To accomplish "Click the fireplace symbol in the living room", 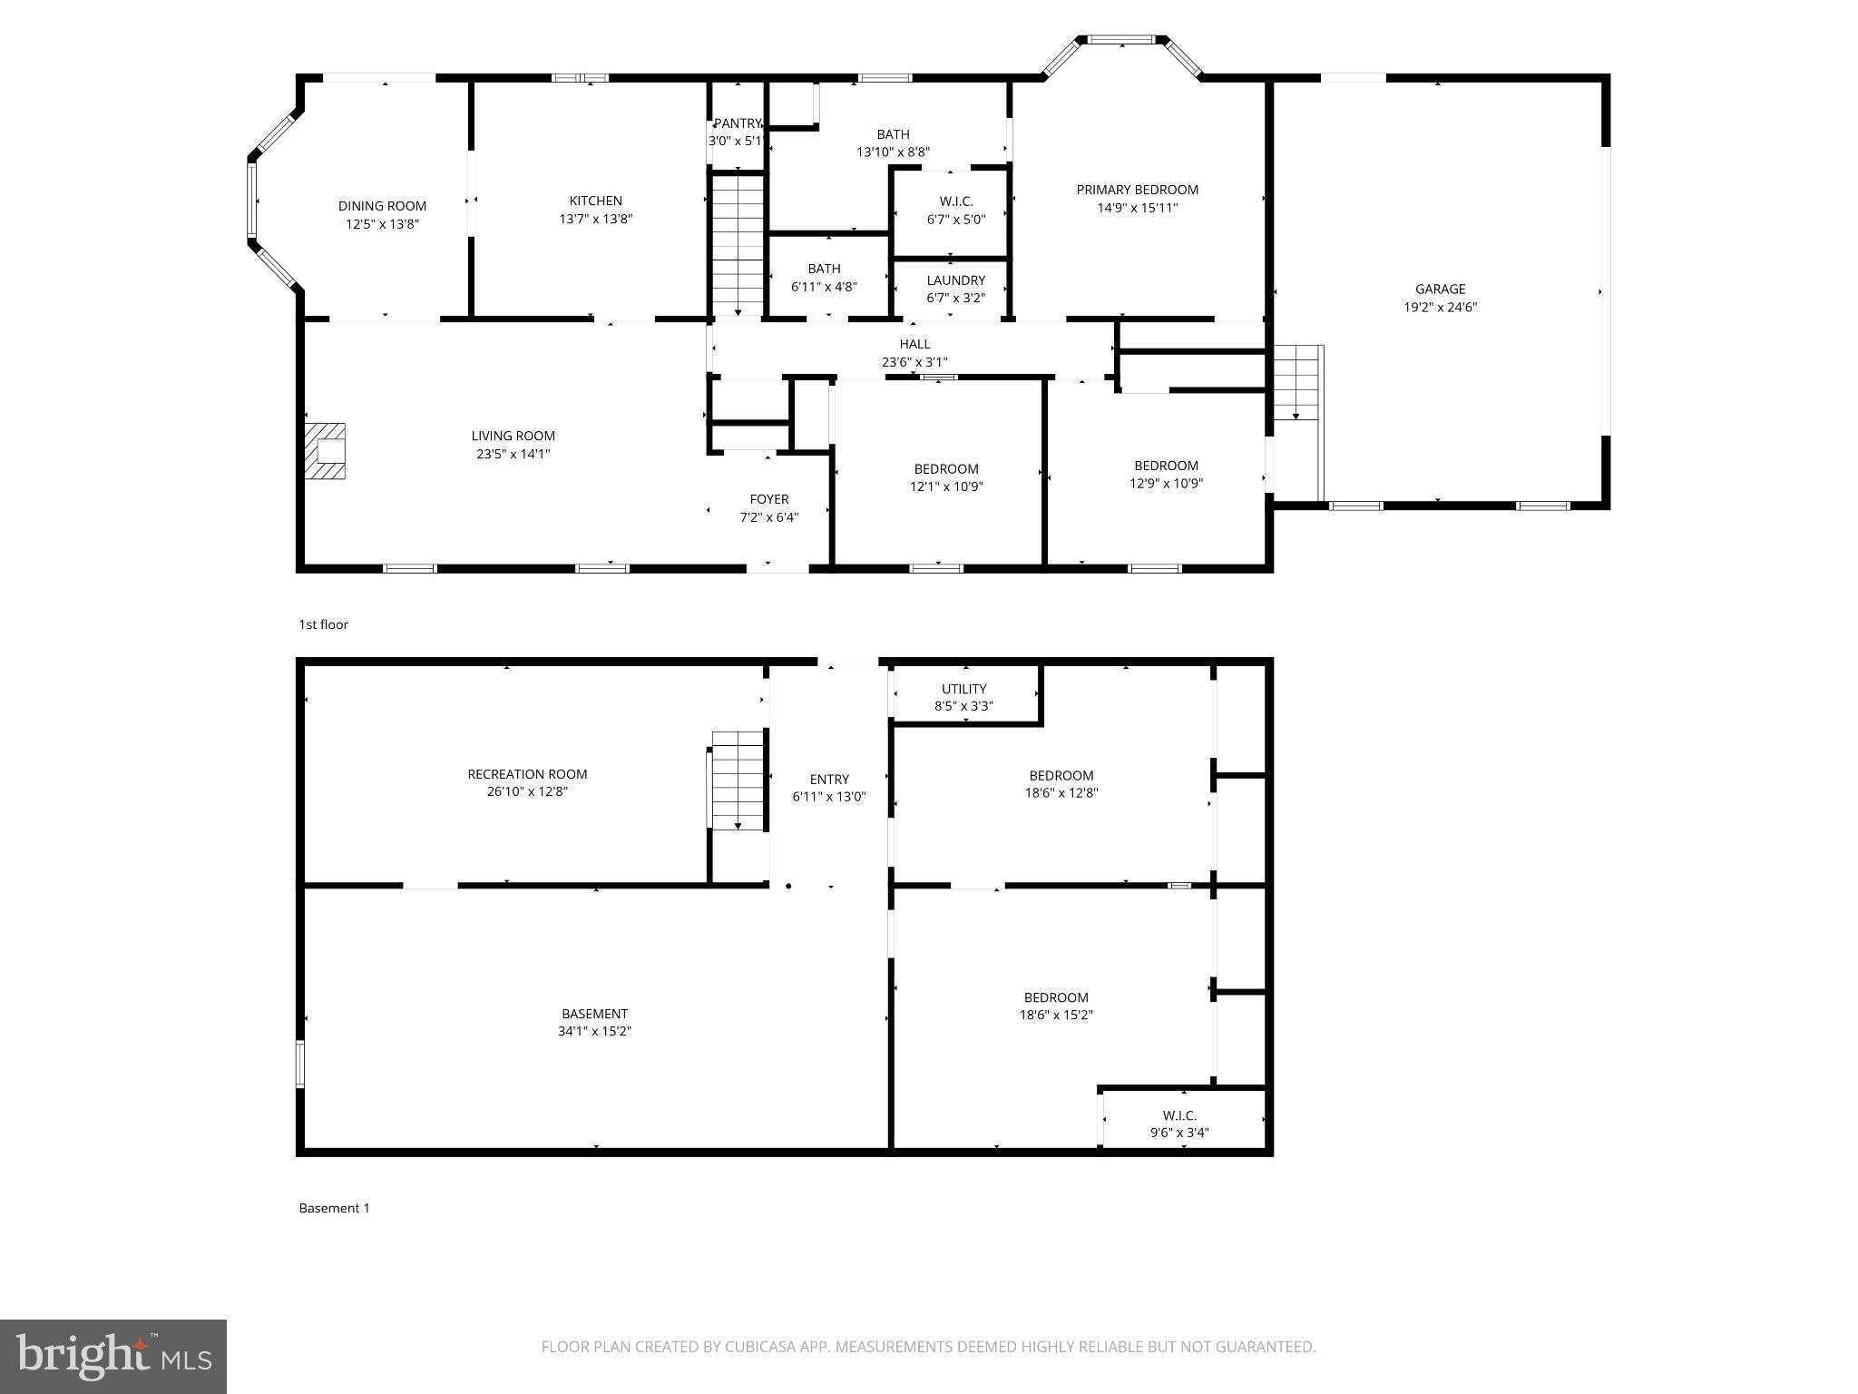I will coord(326,451).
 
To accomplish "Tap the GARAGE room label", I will coord(1440,290).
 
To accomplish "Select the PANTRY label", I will coord(737,123).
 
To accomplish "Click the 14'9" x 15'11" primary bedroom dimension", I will coord(1137,208).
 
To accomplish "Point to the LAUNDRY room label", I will coord(955,280).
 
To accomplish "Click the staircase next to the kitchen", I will coord(738,244).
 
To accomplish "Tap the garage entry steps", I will coord(1297,382).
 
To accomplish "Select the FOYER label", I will coord(768,499).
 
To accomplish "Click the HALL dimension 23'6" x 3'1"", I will coord(914,362).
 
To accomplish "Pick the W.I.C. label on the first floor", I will coord(955,201).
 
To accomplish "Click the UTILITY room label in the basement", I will coord(963,689).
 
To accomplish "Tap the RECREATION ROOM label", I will coord(527,774).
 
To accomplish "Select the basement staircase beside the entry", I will coord(738,780).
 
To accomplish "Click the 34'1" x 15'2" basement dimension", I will coord(594,1031).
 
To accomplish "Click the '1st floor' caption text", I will coord(323,624).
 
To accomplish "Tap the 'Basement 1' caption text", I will coord(334,1208).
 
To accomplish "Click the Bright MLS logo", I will coord(113,1357).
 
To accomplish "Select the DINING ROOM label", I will coord(382,206).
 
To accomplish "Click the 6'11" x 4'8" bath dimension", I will coord(824,287).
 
